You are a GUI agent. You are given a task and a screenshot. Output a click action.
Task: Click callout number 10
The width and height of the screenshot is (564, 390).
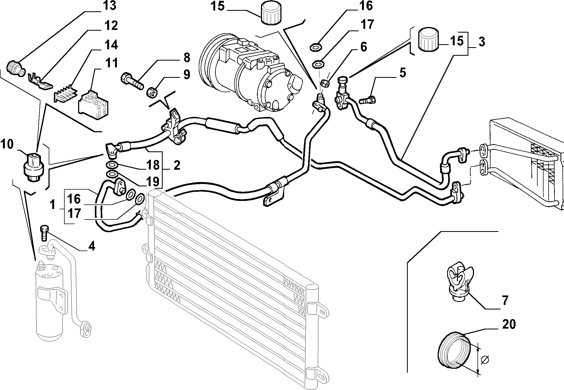7,145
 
